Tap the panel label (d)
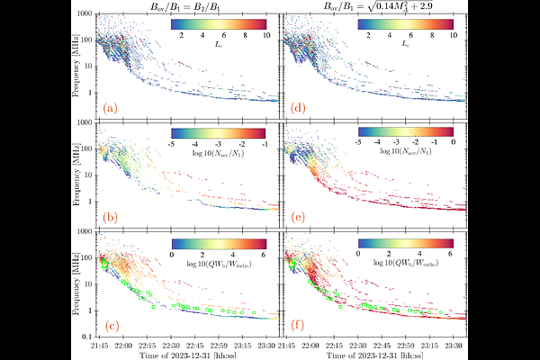(x=294, y=109)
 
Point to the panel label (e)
(x=294, y=216)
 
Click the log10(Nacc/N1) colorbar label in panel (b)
(x=217, y=154)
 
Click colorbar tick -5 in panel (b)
(x=172, y=142)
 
